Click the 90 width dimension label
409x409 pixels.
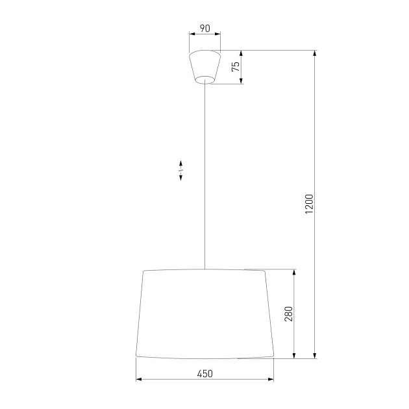(x=204, y=28)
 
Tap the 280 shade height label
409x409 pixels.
(x=290, y=314)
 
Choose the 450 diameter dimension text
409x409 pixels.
(x=204, y=373)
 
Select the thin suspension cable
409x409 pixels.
(x=204, y=175)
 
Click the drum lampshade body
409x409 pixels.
(x=204, y=314)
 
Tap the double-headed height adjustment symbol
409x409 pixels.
(x=181, y=170)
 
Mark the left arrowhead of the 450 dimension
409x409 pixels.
(x=138, y=380)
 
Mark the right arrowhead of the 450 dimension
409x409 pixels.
(x=271, y=380)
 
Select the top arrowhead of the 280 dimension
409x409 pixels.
(x=295, y=272)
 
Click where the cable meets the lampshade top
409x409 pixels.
(x=204, y=269)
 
